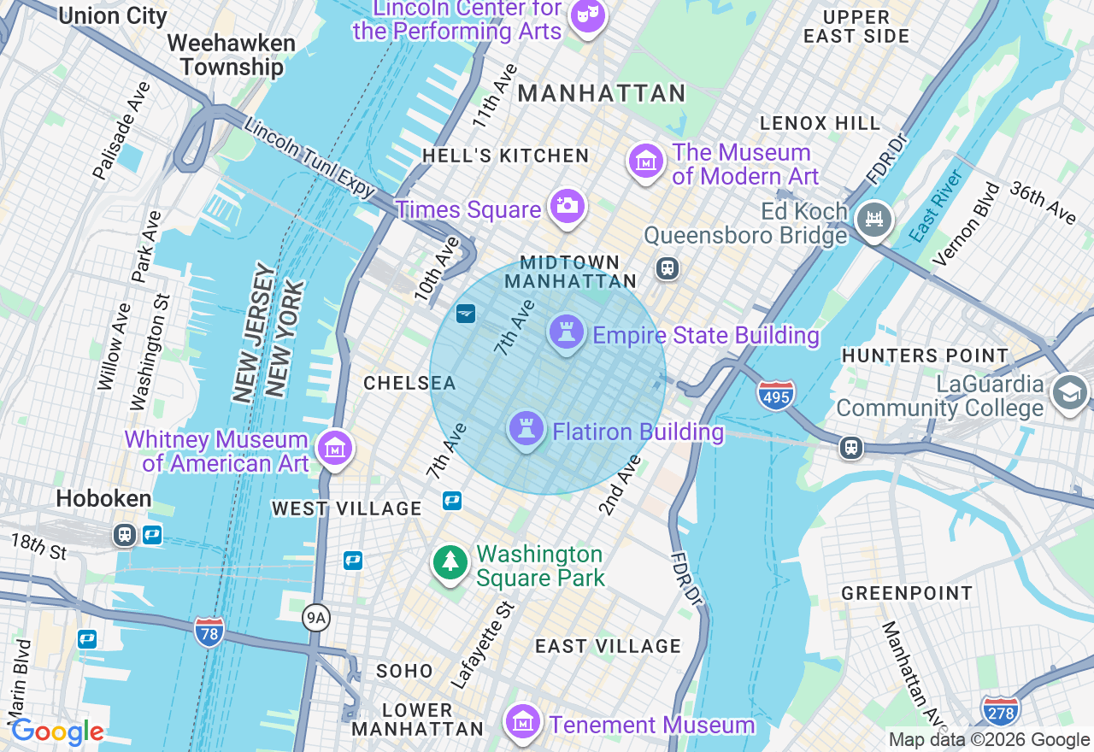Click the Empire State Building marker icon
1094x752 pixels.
(x=566, y=332)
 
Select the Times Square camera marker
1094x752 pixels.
(x=567, y=206)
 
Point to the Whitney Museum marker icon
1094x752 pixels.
(x=335, y=448)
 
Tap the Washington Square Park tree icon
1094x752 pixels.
(x=450, y=562)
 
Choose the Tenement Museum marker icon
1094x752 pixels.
(x=522, y=723)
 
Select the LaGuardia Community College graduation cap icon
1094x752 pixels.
(x=1070, y=392)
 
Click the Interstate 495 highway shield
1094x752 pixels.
(x=775, y=395)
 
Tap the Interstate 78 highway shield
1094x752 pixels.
(x=209, y=632)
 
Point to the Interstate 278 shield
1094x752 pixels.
(x=1001, y=710)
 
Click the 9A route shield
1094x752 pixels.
(x=316, y=618)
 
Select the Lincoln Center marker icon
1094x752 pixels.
(x=587, y=15)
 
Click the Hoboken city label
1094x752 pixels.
(x=104, y=499)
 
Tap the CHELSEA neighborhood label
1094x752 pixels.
(x=409, y=384)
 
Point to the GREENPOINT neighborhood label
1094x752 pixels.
(x=907, y=593)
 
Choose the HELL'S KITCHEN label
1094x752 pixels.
(x=505, y=156)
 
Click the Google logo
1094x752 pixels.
(x=56, y=732)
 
